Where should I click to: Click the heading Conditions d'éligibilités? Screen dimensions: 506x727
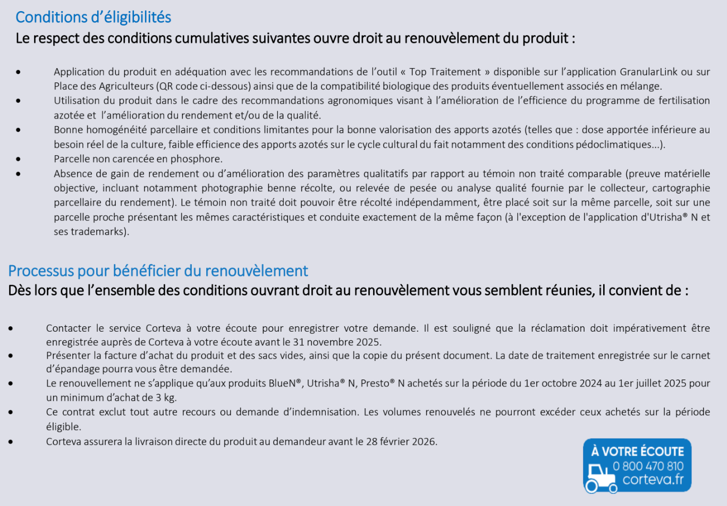pos(93,17)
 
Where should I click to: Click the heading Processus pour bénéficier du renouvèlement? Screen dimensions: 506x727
pos(158,271)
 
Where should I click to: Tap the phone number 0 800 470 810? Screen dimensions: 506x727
pos(648,466)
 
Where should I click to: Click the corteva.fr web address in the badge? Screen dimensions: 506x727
pos(653,479)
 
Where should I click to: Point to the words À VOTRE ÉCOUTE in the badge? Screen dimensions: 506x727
pos(637,451)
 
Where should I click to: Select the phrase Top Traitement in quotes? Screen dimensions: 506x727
pos(445,72)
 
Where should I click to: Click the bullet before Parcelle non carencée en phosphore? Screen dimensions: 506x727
pos(19,159)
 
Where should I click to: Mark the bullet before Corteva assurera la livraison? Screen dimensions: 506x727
pos(11,442)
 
